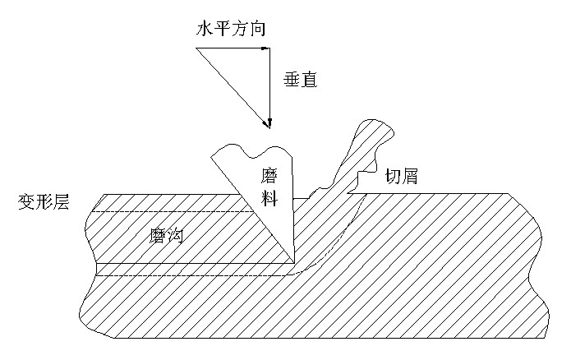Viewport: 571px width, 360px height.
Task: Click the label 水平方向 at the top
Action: click(x=232, y=30)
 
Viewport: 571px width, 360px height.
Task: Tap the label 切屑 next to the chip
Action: click(x=401, y=175)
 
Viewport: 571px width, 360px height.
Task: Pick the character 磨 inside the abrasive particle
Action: click(x=272, y=175)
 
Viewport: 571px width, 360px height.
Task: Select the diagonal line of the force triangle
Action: click(x=232, y=86)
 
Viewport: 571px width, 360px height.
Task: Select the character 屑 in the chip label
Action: click(x=410, y=175)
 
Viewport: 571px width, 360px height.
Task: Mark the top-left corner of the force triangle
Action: click(x=197, y=49)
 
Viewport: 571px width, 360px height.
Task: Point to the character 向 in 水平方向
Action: click(x=259, y=30)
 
